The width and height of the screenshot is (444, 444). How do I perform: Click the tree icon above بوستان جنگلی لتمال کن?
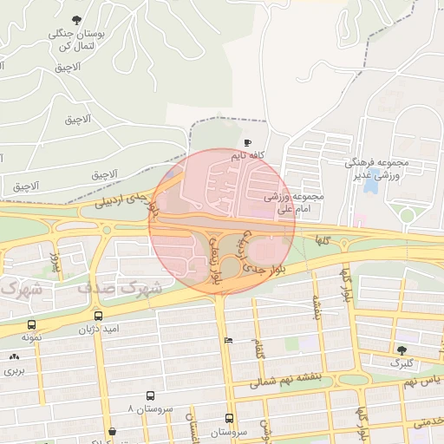77,19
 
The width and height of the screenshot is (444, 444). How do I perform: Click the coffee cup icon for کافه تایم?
248,142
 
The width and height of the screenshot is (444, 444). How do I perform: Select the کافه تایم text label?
247,156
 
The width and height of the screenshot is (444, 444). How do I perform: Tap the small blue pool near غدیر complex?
371,185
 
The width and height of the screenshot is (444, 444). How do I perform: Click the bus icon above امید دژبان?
97,317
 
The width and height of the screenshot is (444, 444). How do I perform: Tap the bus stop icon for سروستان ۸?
152,395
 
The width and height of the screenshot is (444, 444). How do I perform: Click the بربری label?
13,370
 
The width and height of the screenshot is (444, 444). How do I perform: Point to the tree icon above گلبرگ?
401,349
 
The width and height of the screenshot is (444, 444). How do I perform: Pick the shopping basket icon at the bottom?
112,431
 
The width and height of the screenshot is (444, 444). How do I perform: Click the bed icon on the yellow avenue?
228,340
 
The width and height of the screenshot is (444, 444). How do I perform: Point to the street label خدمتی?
429,421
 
